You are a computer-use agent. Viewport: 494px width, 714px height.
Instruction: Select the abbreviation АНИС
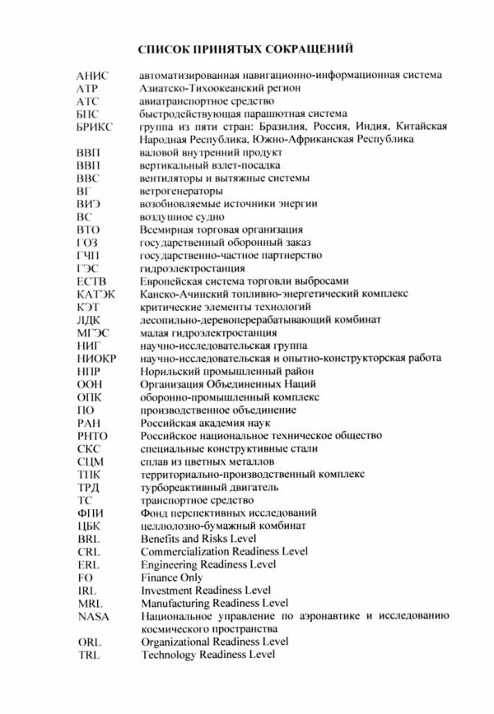(x=90, y=76)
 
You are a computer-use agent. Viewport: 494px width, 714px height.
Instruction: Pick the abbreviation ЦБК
(x=86, y=526)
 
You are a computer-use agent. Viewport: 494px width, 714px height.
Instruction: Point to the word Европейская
(x=172, y=281)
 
